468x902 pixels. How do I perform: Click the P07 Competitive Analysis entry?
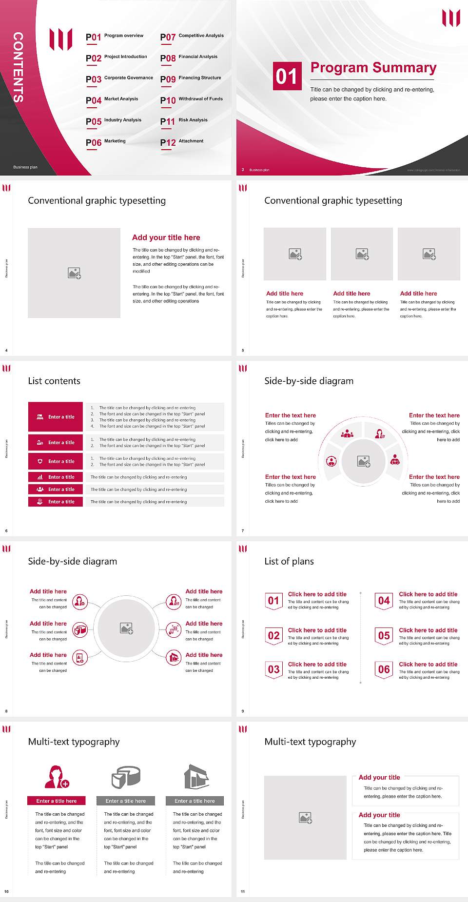pyautogui.click(x=192, y=37)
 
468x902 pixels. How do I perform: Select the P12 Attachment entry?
pyautogui.click(x=182, y=142)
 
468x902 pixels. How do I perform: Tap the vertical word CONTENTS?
pyautogui.click(x=18, y=67)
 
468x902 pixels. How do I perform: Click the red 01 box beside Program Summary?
pyautogui.click(x=286, y=76)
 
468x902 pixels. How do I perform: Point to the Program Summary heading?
pyautogui.click(x=373, y=68)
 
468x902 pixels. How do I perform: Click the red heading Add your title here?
pyautogui.click(x=166, y=237)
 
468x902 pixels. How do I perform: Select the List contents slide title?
pyautogui.click(x=54, y=381)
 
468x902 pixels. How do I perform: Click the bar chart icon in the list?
pyautogui.click(x=40, y=477)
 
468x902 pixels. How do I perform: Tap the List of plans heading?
pyautogui.click(x=289, y=561)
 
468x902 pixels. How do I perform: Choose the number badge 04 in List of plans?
pyautogui.click(x=384, y=601)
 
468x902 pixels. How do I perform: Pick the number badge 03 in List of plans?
pyautogui.click(x=273, y=669)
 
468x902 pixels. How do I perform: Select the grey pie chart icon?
pyautogui.click(x=126, y=777)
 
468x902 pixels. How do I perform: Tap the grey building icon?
pyautogui.click(x=196, y=777)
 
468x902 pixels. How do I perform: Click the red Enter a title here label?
pyautogui.click(x=57, y=801)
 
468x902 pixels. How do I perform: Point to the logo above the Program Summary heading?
pyautogui.click(x=451, y=18)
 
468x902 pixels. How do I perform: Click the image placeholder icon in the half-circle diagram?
pyautogui.click(x=364, y=461)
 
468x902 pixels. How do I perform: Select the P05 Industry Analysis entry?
pyautogui.click(x=114, y=121)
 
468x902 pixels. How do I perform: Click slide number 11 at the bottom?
pyautogui.click(x=243, y=891)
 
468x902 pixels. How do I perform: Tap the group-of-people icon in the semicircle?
pyautogui.click(x=347, y=433)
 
